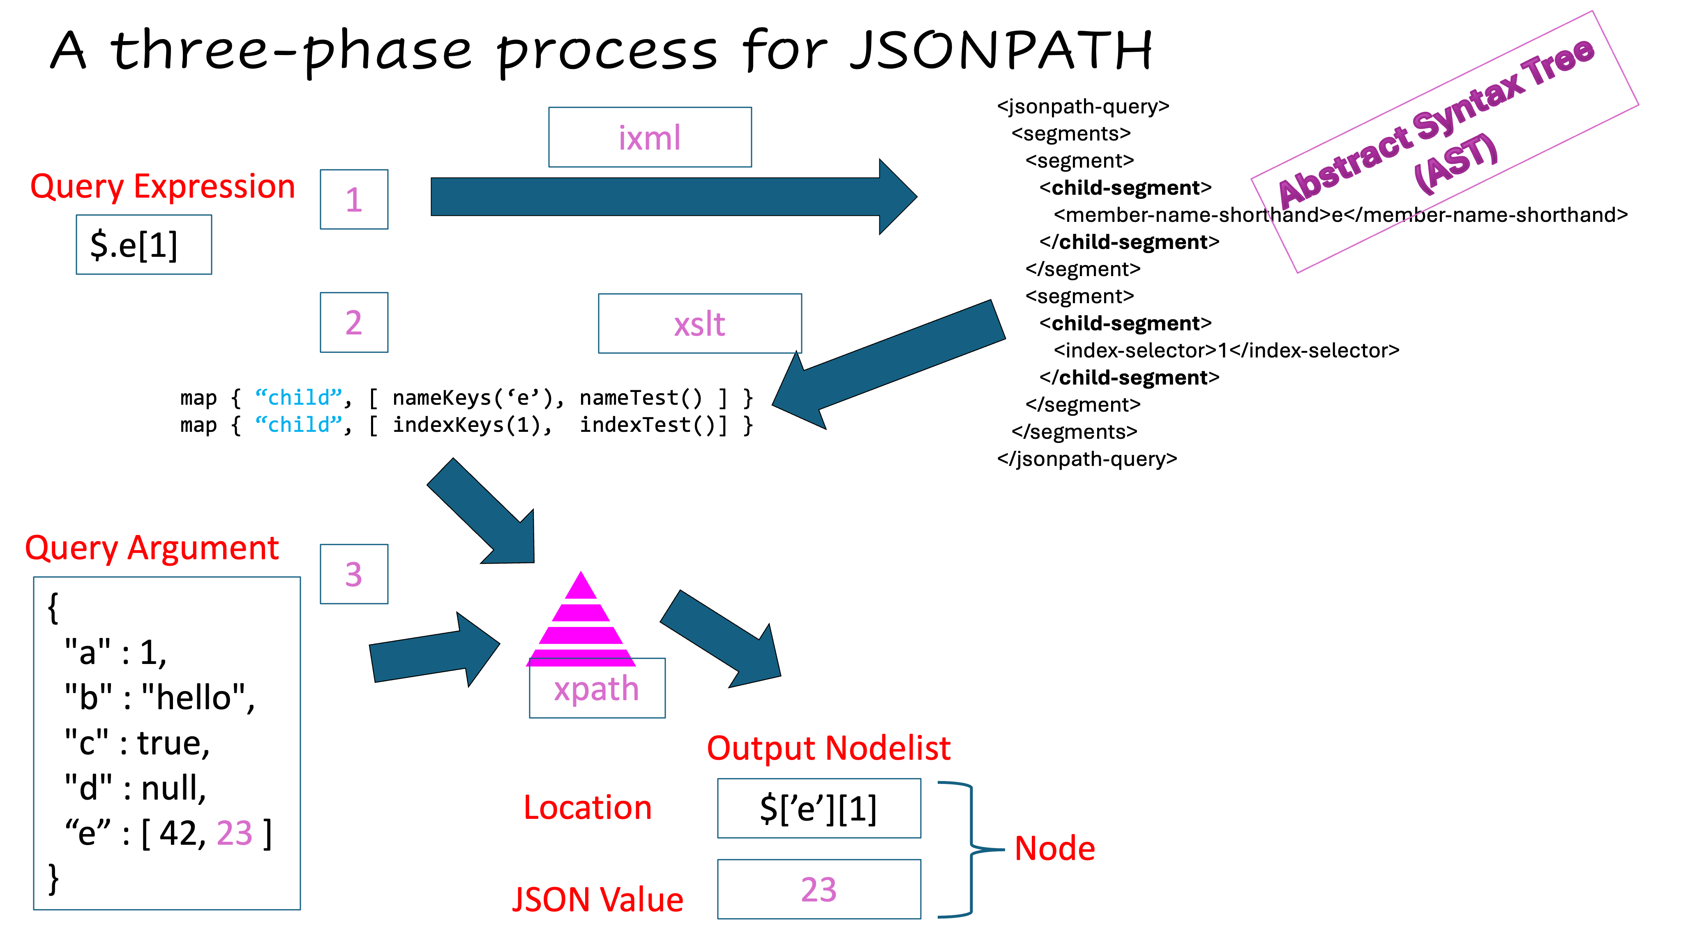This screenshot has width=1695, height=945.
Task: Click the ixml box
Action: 650,137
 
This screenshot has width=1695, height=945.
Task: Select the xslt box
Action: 699,323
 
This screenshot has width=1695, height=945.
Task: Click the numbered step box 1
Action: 354,199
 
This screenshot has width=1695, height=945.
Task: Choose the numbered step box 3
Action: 354,574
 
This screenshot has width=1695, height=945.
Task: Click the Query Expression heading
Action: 163,187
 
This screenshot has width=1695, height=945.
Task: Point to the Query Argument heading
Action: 152,548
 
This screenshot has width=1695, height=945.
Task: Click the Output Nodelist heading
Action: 828,748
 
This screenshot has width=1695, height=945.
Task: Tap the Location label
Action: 588,807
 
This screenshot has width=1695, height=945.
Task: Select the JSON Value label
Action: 597,899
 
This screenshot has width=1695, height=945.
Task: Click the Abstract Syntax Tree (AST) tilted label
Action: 1444,141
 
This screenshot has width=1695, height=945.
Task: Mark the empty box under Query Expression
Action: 144,244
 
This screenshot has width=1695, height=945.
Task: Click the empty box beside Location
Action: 819,808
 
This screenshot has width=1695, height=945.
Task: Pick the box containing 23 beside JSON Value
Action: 819,889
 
